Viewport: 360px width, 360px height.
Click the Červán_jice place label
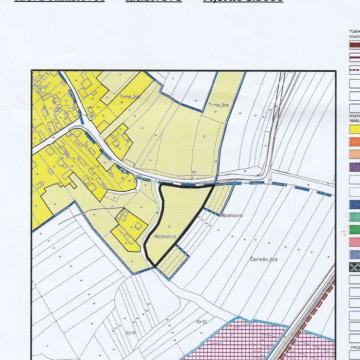pos(262,259)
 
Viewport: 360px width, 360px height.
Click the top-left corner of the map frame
pos(32,71)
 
